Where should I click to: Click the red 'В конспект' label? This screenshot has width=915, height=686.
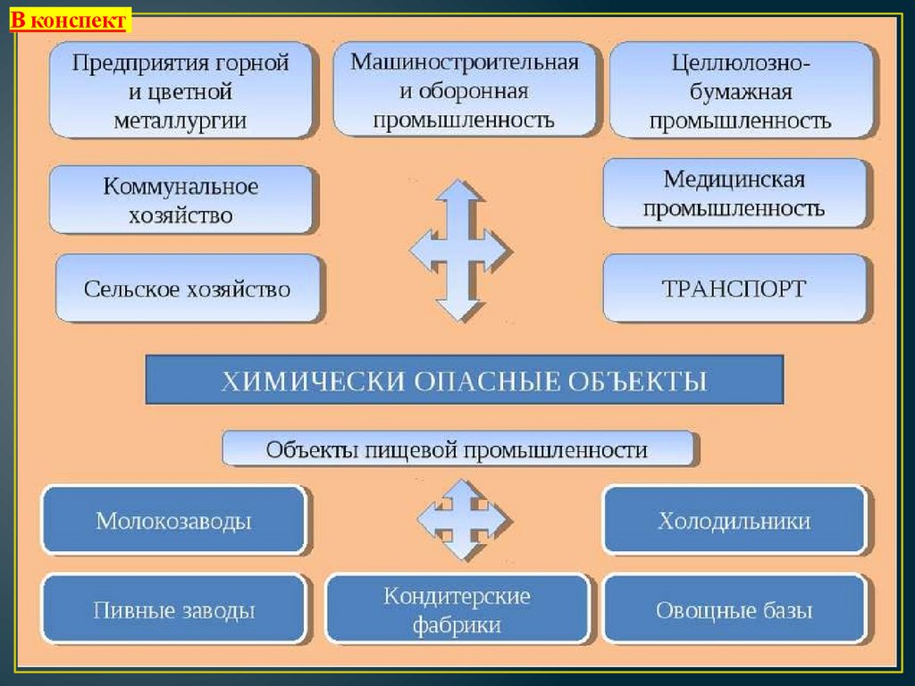(x=71, y=20)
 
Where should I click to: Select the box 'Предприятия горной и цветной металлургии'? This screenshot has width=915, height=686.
(x=180, y=91)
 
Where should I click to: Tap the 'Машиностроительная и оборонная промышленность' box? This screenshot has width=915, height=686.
(x=464, y=89)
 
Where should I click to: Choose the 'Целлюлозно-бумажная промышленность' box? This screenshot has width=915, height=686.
(x=740, y=91)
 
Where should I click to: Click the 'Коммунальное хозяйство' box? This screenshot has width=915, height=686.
(x=181, y=200)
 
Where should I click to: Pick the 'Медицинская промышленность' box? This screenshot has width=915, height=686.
(x=735, y=194)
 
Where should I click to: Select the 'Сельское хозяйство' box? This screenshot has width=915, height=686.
(x=188, y=289)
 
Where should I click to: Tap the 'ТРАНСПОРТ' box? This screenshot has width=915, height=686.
(x=735, y=289)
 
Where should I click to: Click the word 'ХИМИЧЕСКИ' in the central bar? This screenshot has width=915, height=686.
(x=315, y=381)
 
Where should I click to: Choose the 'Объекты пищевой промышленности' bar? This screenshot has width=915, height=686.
(x=457, y=449)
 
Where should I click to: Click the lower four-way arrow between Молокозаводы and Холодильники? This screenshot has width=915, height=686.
(x=463, y=520)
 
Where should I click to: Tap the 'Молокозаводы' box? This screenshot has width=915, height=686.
(x=174, y=521)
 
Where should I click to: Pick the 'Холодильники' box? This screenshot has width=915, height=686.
(x=735, y=521)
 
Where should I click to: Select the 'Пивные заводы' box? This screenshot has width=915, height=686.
(x=174, y=610)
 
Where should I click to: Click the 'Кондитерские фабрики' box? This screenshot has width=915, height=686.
(x=457, y=610)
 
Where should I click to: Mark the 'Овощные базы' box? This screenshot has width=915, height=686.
(x=735, y=611)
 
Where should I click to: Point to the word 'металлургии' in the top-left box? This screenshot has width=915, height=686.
(x=180, y=121)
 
